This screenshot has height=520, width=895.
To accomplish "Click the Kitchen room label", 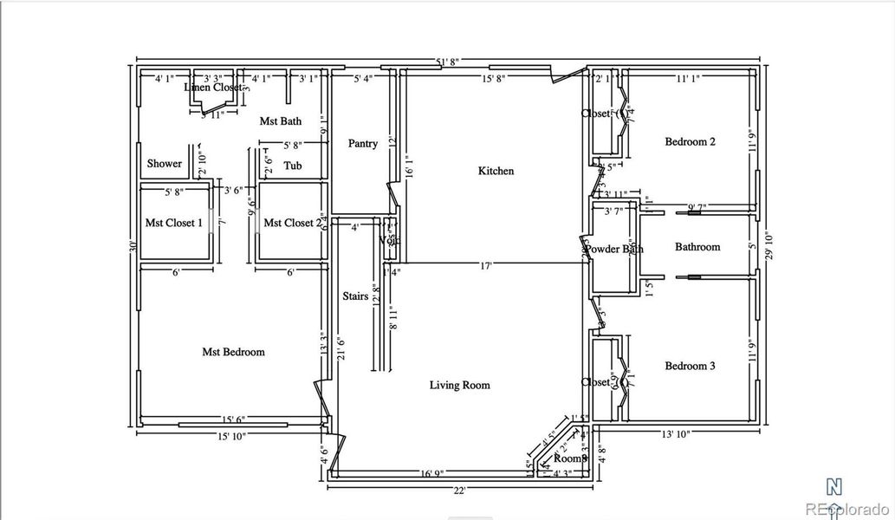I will [x=496, y=171].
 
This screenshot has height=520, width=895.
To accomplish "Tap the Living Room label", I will [x=459, y=385].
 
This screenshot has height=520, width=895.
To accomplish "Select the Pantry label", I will [x=363, y=143].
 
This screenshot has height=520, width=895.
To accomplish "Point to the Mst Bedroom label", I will [x=233, y=352].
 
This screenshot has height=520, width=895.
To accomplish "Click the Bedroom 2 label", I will [x=690, y=141].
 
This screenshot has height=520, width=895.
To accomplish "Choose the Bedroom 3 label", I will [x=690, y=366].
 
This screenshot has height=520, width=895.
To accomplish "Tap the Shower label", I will [x=164, y=163].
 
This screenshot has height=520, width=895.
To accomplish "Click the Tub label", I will [x=293, y=166].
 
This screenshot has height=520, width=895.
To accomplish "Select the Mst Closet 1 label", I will [x=173, y=223].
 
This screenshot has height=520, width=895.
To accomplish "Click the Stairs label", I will [x=355, y=296].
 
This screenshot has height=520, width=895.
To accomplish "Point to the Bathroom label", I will [x=697, y=247].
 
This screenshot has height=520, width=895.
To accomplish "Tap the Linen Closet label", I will [x=213, y=88].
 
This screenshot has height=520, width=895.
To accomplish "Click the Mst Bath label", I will [x=282, y=121].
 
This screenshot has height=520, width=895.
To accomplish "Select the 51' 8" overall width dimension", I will [x=448, y=62].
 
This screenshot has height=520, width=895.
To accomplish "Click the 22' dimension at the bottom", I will [x=459, y=491].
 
